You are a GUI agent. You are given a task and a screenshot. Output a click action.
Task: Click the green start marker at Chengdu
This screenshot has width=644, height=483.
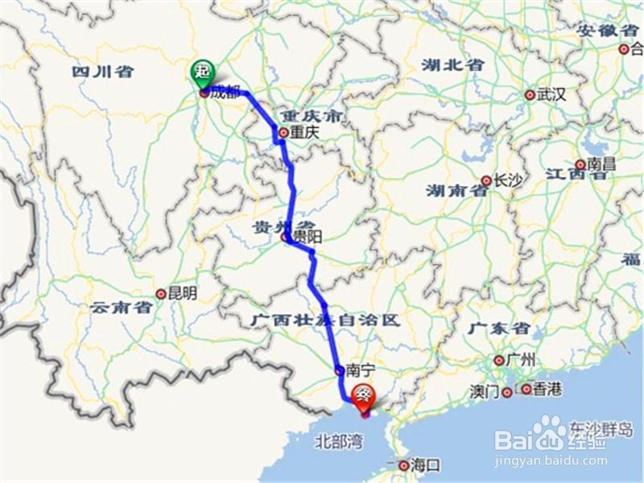tap(201, 73)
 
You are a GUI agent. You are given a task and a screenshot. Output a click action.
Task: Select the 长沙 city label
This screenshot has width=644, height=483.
tap(508, 181)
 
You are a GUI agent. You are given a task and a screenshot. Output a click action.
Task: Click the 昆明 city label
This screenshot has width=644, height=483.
tap(181, 294)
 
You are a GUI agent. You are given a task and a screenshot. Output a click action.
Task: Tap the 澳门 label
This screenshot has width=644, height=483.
tap(485, 392)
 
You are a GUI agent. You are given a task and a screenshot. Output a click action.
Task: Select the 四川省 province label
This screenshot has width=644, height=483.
tap(102, 72)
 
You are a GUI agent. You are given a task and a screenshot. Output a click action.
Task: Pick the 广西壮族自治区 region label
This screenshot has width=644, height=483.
tap(325, 320)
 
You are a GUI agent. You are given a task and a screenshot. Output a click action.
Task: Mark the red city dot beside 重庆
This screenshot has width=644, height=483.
tap(283, 133)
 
